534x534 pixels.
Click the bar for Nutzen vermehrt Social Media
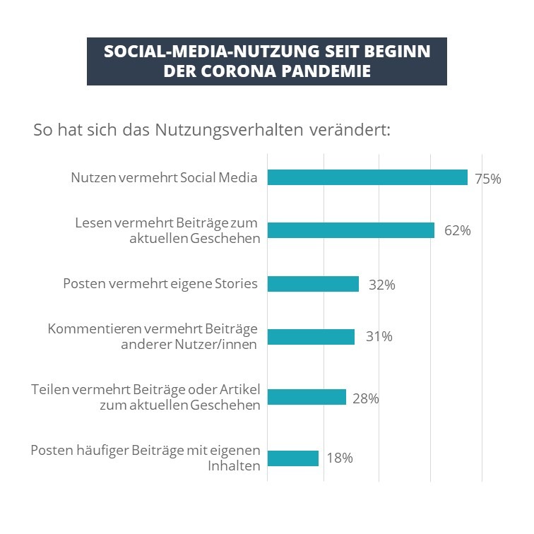click(x=367, y=177)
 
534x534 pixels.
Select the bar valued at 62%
click(x=350, y=230)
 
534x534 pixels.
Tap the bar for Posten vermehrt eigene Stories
click(x=313, y=284)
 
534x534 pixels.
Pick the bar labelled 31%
click(x=311, y=337)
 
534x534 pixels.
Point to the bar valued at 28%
click(x=307, y=397)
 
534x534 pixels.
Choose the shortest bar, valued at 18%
click(x=293, y=458)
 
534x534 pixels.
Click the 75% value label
click(x=488, y=179)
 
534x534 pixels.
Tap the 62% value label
click(x=457, y=231)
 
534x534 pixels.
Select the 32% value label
click(x=381, y=285)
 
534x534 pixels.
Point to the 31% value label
click(x=379, y=337)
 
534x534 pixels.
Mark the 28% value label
click(x=366, y=398)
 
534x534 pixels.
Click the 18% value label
click(x=340, y=458)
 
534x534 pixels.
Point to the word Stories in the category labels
click(x=238, y=284)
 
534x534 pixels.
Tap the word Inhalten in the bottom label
click(x=233, y=465)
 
